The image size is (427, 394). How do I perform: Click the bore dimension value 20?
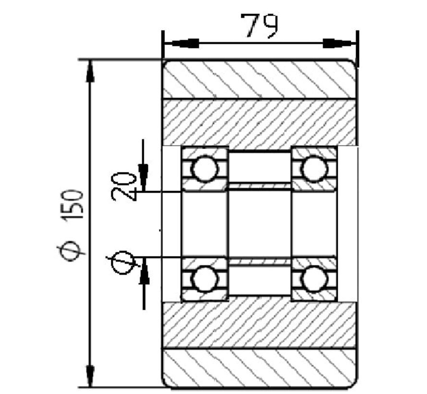click(121, 186)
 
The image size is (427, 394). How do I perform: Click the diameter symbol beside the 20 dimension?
click(123, 261)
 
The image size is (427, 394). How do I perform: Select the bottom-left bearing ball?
click(204, 278)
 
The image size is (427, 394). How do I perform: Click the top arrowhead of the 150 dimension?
click(90, 72)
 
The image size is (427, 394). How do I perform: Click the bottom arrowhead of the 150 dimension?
click(90, 375)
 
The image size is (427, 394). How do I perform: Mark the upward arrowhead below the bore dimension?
click(144, 274)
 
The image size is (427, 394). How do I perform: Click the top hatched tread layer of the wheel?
click(259, 79)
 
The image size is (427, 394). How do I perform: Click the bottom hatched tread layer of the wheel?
click(259, 368)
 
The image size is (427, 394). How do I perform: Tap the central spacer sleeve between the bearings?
click(259, 223)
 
